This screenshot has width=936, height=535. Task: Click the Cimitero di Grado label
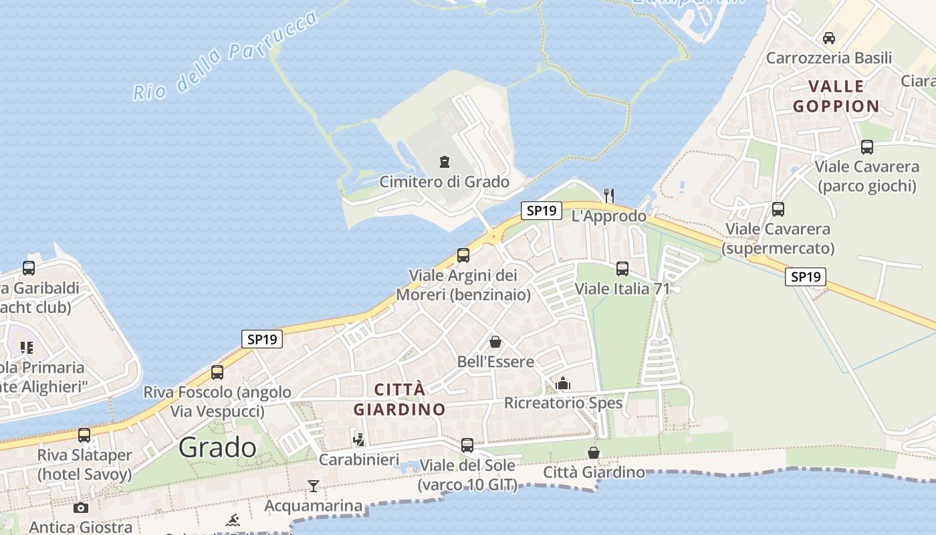pos(444,182)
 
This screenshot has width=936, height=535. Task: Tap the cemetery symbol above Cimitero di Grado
pos(444,162)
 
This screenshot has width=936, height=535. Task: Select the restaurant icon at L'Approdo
pos(608,195)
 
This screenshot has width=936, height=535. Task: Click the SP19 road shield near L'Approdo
pos(541,211)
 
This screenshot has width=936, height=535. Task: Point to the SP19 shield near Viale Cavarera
pos(805,277)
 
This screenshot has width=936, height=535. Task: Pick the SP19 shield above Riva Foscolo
pos(262,339)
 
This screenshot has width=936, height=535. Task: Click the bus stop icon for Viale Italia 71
pos(622,269)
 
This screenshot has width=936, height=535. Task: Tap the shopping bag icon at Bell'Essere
pos(495,342)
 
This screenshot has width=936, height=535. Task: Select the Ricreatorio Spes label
pos(563,403)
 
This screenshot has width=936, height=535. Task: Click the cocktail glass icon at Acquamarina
pos(313,486)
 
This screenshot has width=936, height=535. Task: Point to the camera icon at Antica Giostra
pos(81,508)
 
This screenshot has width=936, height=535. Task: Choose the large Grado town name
pos(217,447)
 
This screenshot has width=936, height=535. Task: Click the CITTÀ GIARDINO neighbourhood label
pos(399,399)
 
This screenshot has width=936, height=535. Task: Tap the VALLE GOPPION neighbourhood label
pos(836,96)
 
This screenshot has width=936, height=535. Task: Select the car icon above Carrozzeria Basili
pos(829,38)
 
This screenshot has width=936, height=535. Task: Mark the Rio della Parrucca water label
pos(226,56)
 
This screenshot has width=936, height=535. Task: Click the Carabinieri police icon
pos(359,440)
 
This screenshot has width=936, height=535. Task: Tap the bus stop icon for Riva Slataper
pos(84,435)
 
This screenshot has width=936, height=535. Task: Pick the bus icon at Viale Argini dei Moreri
pos(463,255)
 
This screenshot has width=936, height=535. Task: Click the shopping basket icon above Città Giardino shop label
pos(593,453)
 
